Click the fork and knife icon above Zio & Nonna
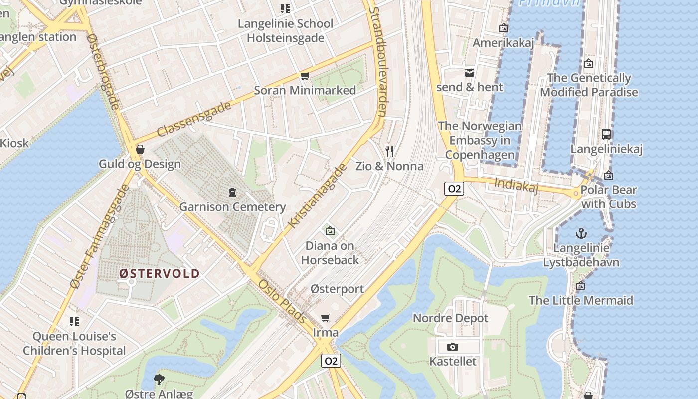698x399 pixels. [x=389, y=151]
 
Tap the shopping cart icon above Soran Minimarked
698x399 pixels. [x=305, y=76]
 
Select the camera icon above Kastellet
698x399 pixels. [x=453, y=347]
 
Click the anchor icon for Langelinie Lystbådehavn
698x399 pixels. [x=581, y=233]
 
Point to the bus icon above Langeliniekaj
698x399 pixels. [x=606, y=134]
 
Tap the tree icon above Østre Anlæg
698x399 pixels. [x=159, y=379]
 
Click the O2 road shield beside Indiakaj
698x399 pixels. [x=454, y=189]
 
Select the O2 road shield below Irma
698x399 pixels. [x=331, y=361]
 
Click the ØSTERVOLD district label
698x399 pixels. [x=159, y=273]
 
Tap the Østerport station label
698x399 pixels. [x=337, y=289]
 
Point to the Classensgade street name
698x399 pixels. [x=194, y=119]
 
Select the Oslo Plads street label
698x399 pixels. [x=282, y=301]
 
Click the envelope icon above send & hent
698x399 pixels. [x=470, y=73]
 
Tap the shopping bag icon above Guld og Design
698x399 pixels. [x=140, y=149]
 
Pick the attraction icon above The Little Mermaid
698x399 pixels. [x=581, y=286]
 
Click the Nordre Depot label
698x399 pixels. [x=450, y=318]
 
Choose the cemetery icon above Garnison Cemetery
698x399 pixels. [x=232, y=192]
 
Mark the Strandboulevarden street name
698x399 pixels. [x=377, y=62]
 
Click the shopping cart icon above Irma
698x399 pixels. [x=326, y=318]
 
